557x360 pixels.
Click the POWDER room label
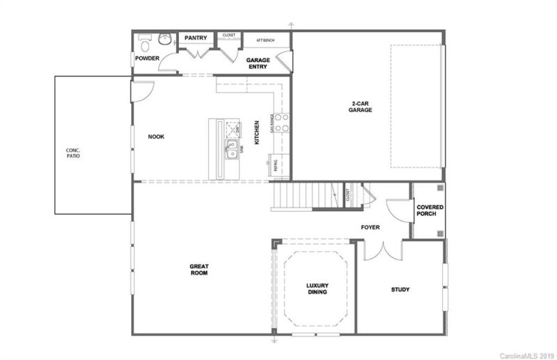pyautogui.click(x=147, y=58)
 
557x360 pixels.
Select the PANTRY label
pyautogui.click(x=196, y=38)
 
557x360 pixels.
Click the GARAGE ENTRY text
pyautogui.click(x=258, y=63)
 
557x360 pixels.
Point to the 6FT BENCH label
pyautogui.click(x=265, y=40)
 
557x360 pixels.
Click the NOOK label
pyautogui.click(x=156, y=136)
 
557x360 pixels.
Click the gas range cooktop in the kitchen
pyautogui.click(x=281, y=123)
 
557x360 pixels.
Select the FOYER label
pyautogui.click(x=370, y=227)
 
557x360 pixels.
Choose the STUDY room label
pyautogui.click(x=400, y=290)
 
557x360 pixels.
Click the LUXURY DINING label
pyautogui.click(x=317, y=288)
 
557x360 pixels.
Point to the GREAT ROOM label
pyautogui.click(x=200, y=269)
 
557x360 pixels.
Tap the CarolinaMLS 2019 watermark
pyautogui.click(x=526, y=355)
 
